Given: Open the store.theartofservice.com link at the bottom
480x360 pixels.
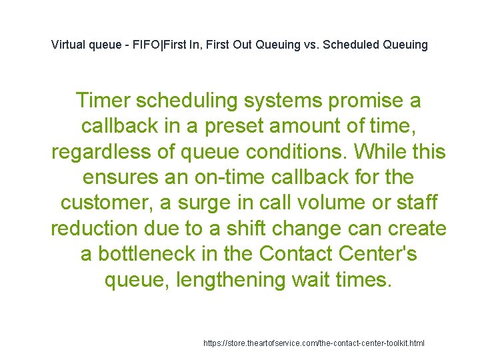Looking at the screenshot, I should [x=313, y=343].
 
